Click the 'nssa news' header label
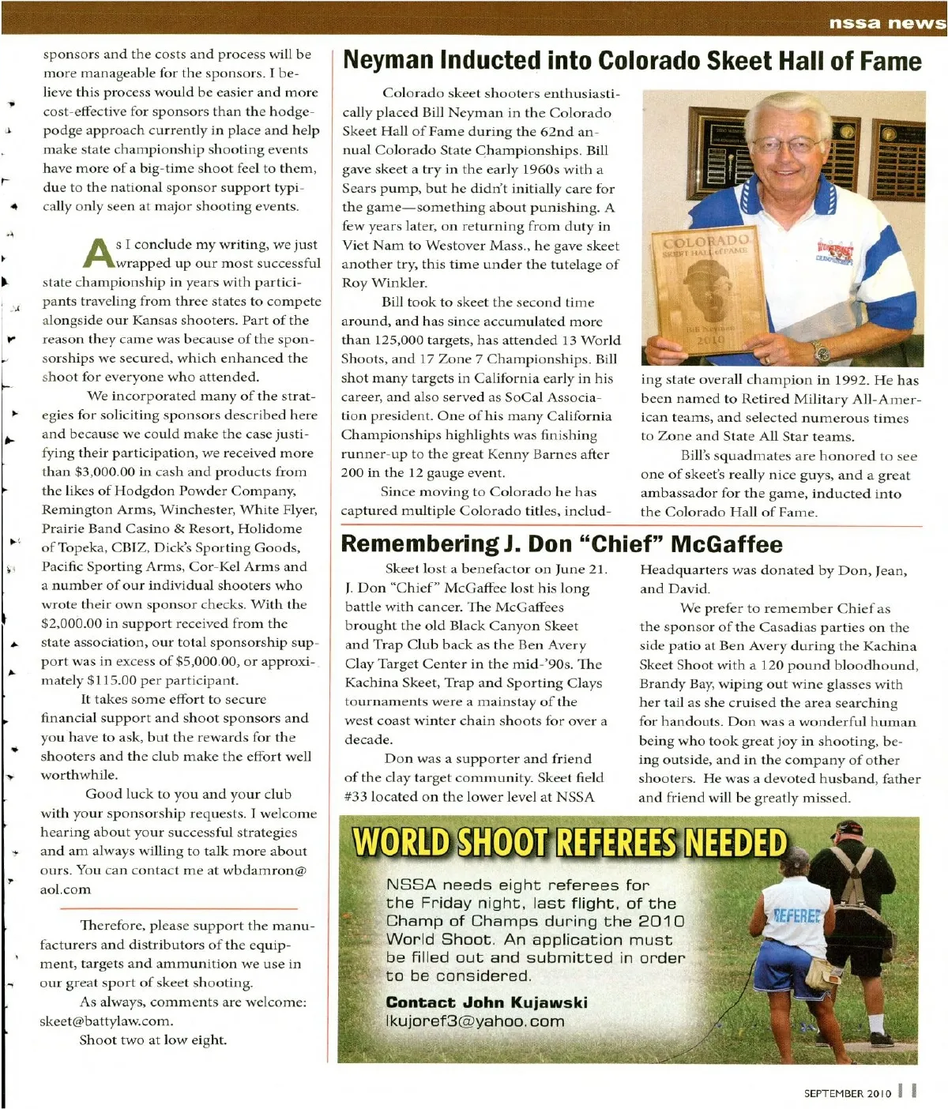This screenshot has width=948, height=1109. pyautogui.click(x=886, y=22)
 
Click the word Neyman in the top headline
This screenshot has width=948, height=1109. pyautogui.click(x=388, y=61)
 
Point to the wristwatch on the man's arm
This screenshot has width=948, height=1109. pyautogui.click(x=820, y=351)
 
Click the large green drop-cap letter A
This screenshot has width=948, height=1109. pyautogui.click(x=100, y=252)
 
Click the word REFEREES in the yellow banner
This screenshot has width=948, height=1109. pyautogui.click(x=615, y=843)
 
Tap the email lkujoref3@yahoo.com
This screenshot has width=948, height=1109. pyautogui.click(x=475, y=1021)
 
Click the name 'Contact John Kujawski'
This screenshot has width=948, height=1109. pyautogui.click(x=487, y=1002)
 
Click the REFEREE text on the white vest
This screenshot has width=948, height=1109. pyautogui.click(x=796, y=915)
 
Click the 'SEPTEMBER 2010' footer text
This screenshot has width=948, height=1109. pyautogui.click(x=847, y=1093)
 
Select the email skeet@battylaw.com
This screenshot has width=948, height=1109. pyautogui.click(x=106, y=1021)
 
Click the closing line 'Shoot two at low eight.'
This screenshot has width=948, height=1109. pyautogui.click(x=152, y=1039)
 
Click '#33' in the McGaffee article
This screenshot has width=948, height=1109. pyautogui.click(x=356, y=796)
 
